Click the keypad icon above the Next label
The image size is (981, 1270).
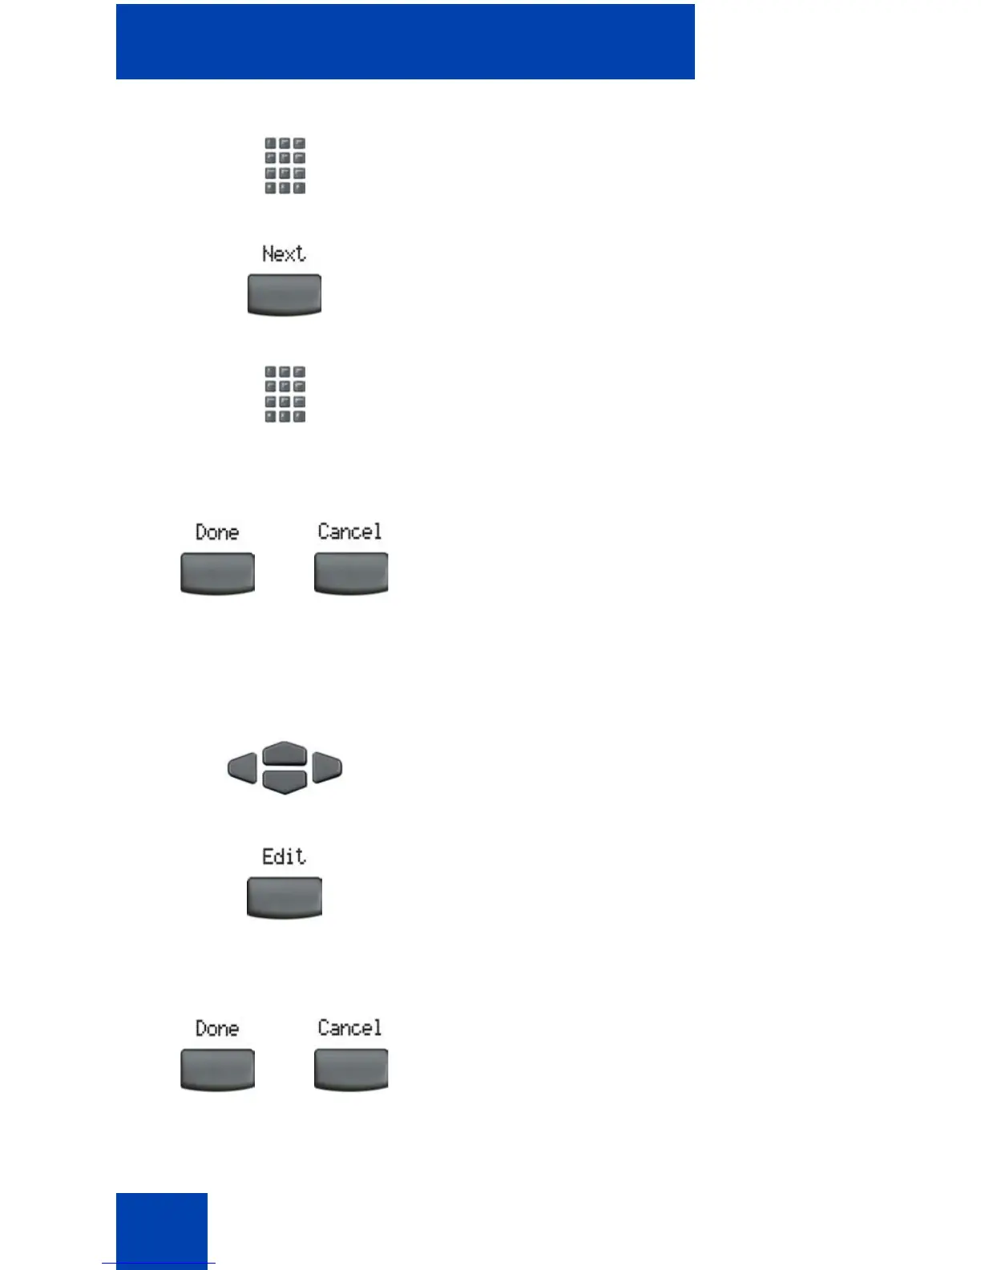pyautogui.click(x=285, y=166)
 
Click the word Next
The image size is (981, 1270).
pyautogui.click(x=284, y=254)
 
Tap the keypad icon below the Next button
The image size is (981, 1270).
pyautogui.click(x=285, y=394)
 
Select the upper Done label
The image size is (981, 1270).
pyautogui.click(x=217, y=532)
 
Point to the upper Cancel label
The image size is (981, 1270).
pyautogui.click(x=349, y=532)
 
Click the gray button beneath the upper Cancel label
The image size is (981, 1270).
pyautogui.click(x=351, y=573)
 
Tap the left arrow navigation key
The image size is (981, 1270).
pyautogui.click(x=242, y=767)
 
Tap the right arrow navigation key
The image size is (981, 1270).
pyautogui.click(x=327, y=767)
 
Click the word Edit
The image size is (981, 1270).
pyautogui.click(x=284, y=857)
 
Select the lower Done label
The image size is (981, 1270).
pyautogui.click(x=217, y=1029)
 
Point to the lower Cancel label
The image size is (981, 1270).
pyautogui.click(x=349, y=1028)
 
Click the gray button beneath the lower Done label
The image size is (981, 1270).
pyautogui.click(x=218, y=1070)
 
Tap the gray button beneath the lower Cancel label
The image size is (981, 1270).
pyautogui.click(x=351, y=1070)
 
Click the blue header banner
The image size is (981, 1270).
pyautogui.click(x=406, y=42)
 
